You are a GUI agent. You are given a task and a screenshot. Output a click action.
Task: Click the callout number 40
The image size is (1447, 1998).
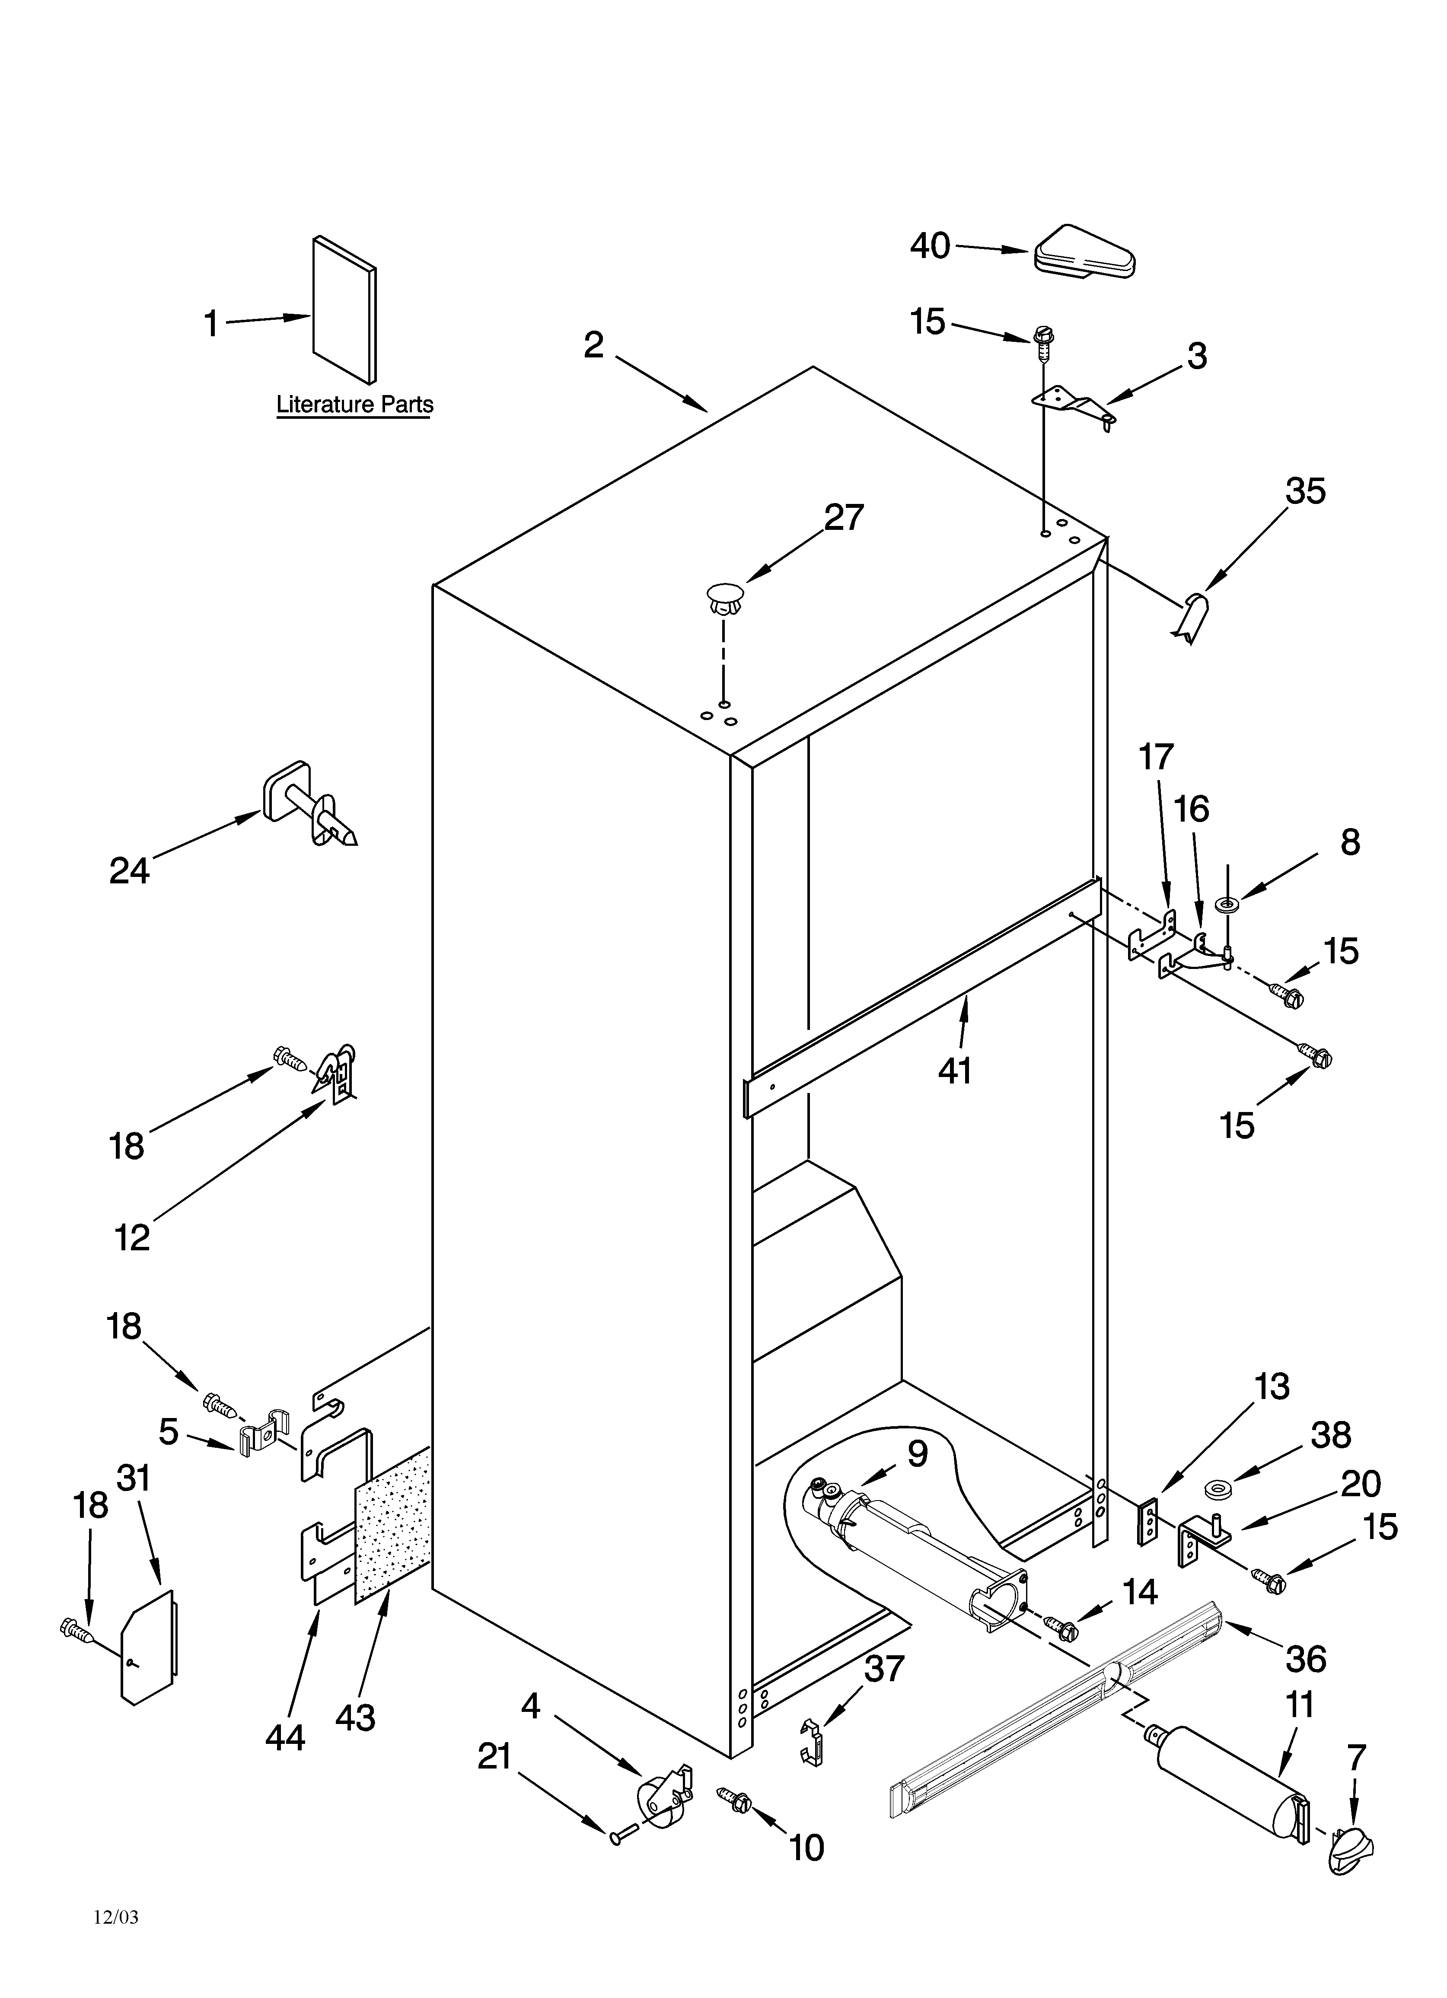[930, 246]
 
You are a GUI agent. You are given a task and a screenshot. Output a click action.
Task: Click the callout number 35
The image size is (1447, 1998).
[1304, 491]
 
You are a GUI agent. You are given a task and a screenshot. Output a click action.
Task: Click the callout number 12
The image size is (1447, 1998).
[132, 1238]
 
